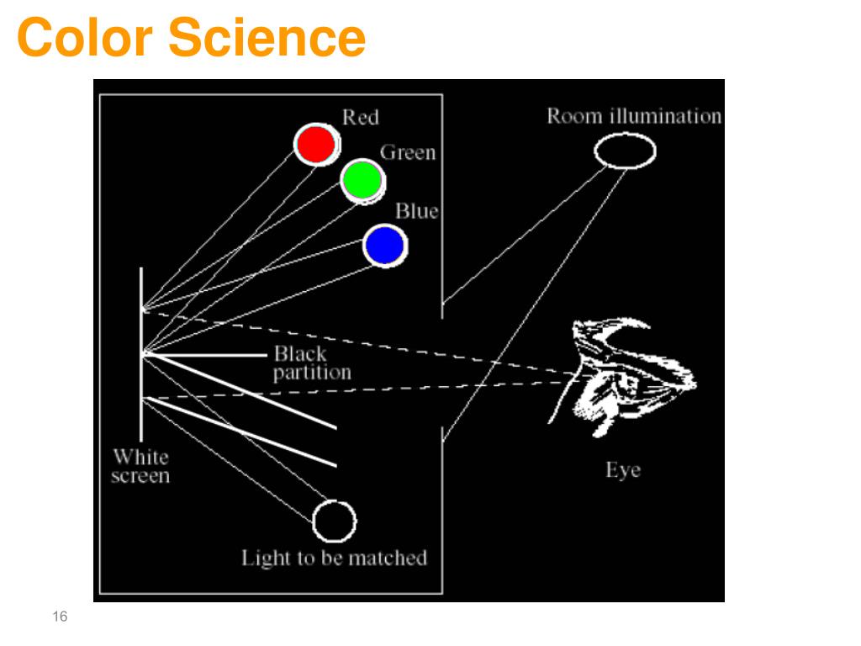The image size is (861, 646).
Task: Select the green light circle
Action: pos(362,179)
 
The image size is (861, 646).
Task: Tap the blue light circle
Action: pos(385,246)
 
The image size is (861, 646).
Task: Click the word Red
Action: pos(360,118)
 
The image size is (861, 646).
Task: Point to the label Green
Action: pos(408,153)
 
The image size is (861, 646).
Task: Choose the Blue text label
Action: pos(417,211)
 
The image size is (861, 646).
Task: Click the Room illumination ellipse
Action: pos(625,151)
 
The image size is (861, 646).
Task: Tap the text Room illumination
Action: pos(634,116)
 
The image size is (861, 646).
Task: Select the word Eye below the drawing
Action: pos(623,470)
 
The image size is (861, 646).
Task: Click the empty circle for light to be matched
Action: pos(334,521)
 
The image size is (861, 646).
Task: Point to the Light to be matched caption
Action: pos(334,558)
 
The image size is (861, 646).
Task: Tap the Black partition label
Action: pos(311,363)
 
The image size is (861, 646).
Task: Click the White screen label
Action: pos(140,467)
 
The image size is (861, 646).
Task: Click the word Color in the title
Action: pos(85,38)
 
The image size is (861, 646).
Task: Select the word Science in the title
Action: pos(267,38)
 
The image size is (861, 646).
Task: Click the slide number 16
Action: pos(59,617)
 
